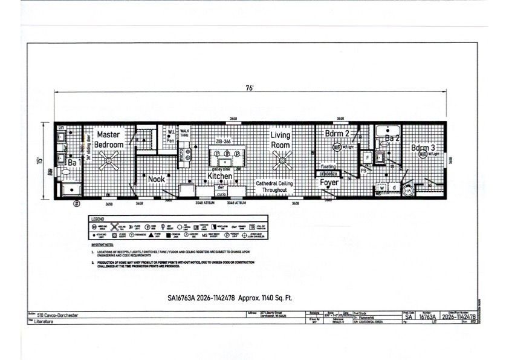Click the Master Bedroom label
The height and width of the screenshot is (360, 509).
tap(109, 140)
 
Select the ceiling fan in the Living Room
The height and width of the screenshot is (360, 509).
tap(280, 160)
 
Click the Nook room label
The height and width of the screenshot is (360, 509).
tap(156, 179)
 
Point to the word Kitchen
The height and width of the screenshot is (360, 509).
tap(220, 176)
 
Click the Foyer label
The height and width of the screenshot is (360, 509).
tap(329, 182)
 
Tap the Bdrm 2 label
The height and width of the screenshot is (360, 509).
tap(337, 134)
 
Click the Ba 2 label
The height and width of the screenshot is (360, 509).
tap(392, 139)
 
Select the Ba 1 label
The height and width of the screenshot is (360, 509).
tap(74, 163)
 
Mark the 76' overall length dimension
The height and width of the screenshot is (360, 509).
tap(249, 88)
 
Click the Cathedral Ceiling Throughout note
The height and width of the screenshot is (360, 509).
tap(274, 186)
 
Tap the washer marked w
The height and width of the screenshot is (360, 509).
tap(383, 188)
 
